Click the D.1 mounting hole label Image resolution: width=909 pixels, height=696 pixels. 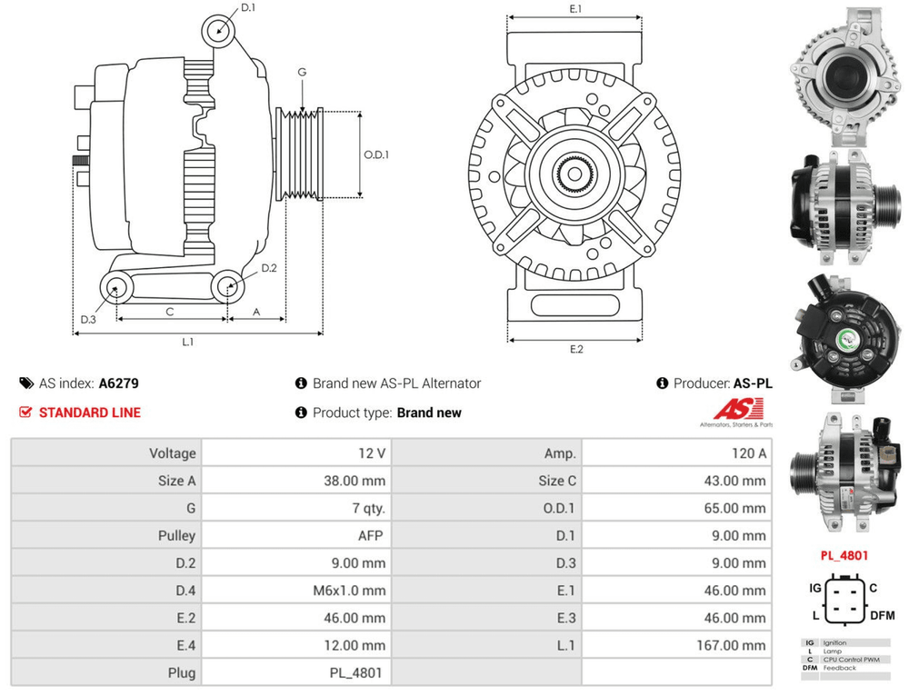(248, 9)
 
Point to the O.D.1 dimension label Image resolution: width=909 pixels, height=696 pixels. (376, 154)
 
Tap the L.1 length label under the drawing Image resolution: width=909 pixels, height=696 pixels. (188, 343)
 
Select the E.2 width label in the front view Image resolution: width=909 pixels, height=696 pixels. (576, 350)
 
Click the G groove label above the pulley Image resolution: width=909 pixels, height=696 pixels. (302, 73)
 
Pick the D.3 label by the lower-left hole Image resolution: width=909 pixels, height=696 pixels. (88, 320)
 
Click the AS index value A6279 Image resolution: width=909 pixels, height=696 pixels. (118, 383)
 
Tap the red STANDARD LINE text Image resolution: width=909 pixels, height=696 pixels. (89, 413)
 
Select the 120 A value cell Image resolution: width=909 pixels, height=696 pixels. (745, 453)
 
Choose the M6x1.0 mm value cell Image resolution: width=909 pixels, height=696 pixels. (348, 591)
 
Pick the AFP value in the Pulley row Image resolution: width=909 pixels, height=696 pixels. (370, 536)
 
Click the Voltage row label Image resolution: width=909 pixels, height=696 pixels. (173, 453)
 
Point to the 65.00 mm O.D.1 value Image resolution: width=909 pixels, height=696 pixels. (734, 509)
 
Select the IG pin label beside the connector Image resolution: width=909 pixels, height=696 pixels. (815, 588)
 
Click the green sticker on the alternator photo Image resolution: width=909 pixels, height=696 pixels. (849, 337)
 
